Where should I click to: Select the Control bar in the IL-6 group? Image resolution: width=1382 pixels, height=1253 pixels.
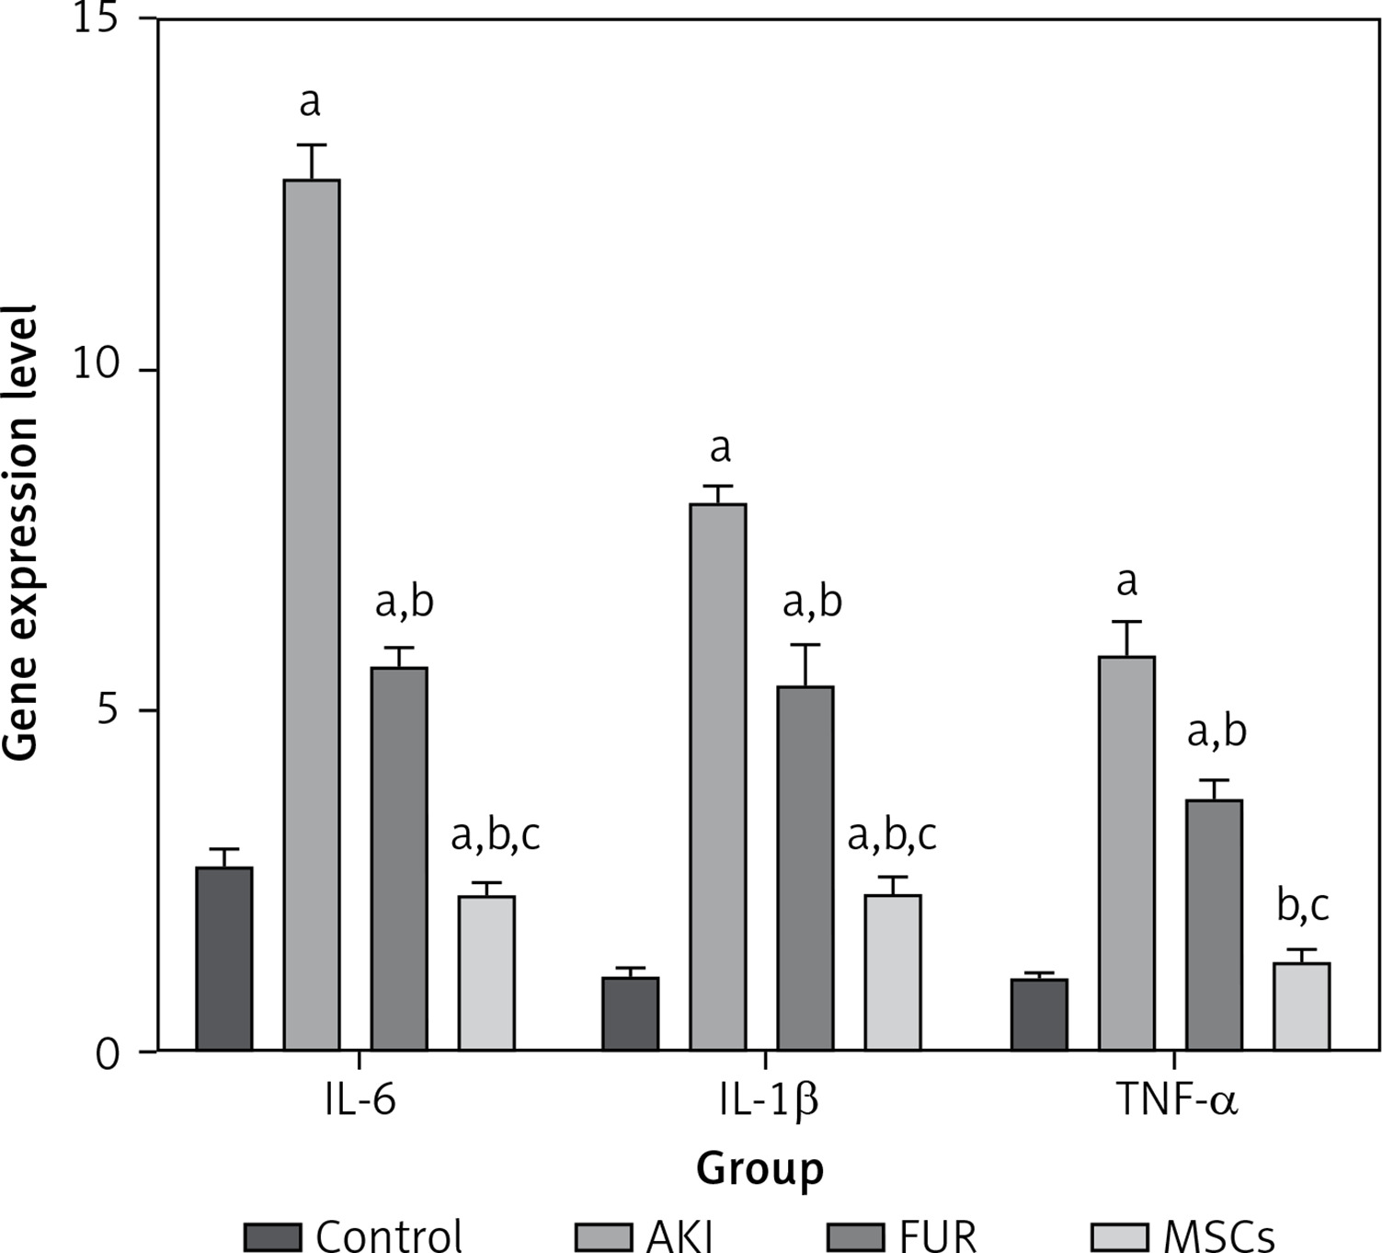(224, 959)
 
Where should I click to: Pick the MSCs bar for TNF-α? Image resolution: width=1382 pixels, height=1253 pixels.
(1301, 1006)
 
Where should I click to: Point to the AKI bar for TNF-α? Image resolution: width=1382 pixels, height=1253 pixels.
(1126, 853)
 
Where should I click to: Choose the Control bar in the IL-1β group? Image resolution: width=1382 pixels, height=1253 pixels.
(631, 1014)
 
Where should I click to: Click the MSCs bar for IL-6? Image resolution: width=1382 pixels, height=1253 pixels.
(486, 972)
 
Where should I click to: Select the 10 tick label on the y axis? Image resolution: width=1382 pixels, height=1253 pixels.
(97, 366)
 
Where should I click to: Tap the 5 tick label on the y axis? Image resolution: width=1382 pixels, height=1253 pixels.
(109, 711)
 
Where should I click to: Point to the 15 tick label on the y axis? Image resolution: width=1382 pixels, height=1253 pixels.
(97, 20)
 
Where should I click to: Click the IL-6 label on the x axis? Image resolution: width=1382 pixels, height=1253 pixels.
(360, 1099)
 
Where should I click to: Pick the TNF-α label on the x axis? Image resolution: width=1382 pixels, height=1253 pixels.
(1177, 1099)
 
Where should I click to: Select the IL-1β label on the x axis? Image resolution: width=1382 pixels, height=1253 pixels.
(769, 1100)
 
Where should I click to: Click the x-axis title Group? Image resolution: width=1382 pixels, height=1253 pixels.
(760, 1169)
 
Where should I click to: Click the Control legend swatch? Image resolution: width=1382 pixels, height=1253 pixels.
(273, 1236)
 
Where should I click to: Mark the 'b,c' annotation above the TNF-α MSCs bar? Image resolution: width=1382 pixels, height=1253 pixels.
(1303, 905)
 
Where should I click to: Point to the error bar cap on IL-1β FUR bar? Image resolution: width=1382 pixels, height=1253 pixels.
(805, 645)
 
